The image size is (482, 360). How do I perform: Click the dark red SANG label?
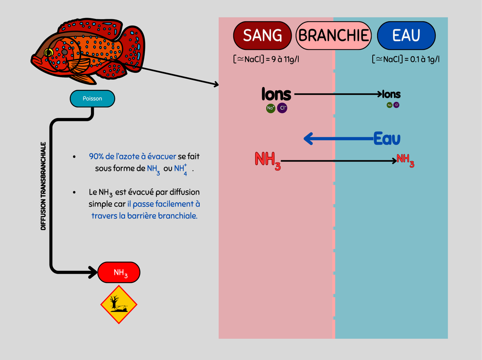tap(263, 36)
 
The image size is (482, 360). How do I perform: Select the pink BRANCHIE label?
tap(333, 36)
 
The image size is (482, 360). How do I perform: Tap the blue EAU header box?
tap(406, 36)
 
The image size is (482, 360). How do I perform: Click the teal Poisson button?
tap(92, 98)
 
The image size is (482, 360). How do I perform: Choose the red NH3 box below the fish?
tap(119, 272)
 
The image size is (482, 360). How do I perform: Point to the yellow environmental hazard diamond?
tap(119, 305)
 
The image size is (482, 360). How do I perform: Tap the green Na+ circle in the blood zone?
tap(271, 108)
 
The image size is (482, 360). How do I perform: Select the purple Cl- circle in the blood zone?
tap(282, 108)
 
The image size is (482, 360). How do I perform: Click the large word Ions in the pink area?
tap(276, 95)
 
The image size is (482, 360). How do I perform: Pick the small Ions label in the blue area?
tap(392, 95)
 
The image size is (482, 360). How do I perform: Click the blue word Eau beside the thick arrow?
tap(387, 139)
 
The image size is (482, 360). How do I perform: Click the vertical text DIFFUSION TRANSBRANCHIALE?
tap(43, 186)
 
